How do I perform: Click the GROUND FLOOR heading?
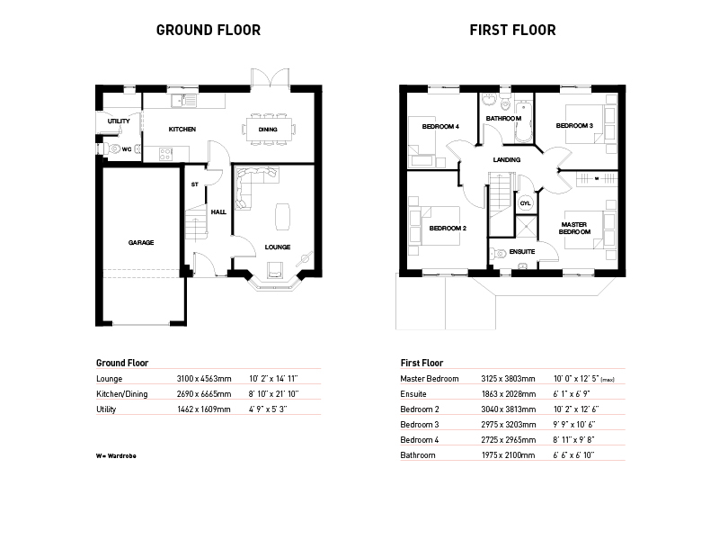[209, 31]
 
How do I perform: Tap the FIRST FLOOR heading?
[512, 31]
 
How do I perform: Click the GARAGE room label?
[141, 242]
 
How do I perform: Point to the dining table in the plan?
[268, 130]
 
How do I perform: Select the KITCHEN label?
[182, 130]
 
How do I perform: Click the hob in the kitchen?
[165, 154]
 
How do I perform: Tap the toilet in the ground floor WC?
[111, 148]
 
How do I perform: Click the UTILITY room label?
[119, 121]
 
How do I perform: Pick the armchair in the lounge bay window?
[274, 270]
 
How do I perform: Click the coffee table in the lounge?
[282, 216]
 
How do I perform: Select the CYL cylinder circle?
[525, 203]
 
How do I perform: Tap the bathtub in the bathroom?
[523, 122]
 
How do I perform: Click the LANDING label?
[506, 160]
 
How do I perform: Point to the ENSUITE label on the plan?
[522, 252]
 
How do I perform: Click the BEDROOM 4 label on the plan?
[440, 126]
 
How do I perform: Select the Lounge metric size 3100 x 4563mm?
[204, 379]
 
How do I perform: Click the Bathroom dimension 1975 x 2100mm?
[508, 455]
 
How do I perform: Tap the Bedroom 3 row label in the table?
[419, 424]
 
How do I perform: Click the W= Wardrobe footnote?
[116, 456]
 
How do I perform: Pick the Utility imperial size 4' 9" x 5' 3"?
[268, 409]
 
